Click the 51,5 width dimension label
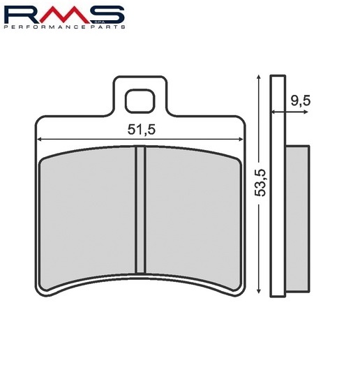[142, 130]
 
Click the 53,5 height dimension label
[261, 183]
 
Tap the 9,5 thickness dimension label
[300, 101]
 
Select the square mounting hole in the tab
[140, 101]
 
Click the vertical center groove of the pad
[140, 209]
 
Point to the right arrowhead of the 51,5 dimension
[241, 139]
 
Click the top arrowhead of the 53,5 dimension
[259, 77]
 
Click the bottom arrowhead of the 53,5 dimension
[259, 291]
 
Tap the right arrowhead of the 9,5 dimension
[306, 112]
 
